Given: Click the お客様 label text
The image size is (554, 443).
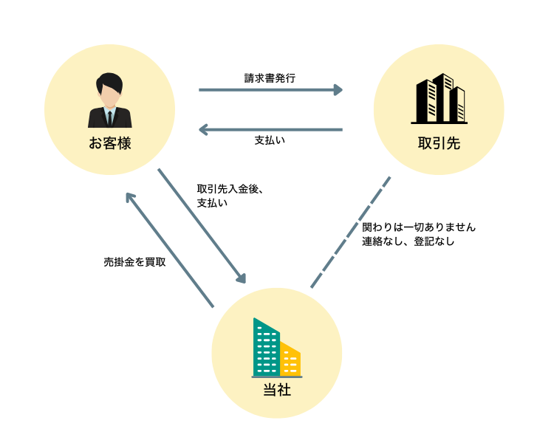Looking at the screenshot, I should tap(109, 143).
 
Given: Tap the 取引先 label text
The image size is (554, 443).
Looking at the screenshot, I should tap(439, 143).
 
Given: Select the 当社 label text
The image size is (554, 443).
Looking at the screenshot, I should tap(277, 390).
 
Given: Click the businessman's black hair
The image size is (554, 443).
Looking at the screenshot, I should tap(109, 80).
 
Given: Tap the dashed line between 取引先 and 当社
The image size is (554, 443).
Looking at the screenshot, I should tap(351, 232).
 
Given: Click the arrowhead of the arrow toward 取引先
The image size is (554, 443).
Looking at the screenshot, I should tap(338, 90).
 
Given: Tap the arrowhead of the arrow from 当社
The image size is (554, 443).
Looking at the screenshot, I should tap(130, 197).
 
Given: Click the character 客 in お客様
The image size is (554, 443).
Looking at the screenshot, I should tap(109, 143).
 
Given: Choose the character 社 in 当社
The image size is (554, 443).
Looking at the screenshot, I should tap(284, 390).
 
